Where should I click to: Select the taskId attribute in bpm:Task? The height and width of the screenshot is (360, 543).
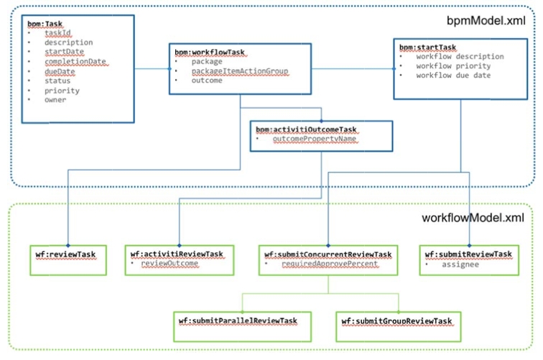(57, 33)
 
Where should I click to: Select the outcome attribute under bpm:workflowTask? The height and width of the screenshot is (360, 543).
(206, 80)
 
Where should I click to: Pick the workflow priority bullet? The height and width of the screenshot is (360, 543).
(452, 65)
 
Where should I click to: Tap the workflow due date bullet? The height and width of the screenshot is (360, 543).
(453, 75)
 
